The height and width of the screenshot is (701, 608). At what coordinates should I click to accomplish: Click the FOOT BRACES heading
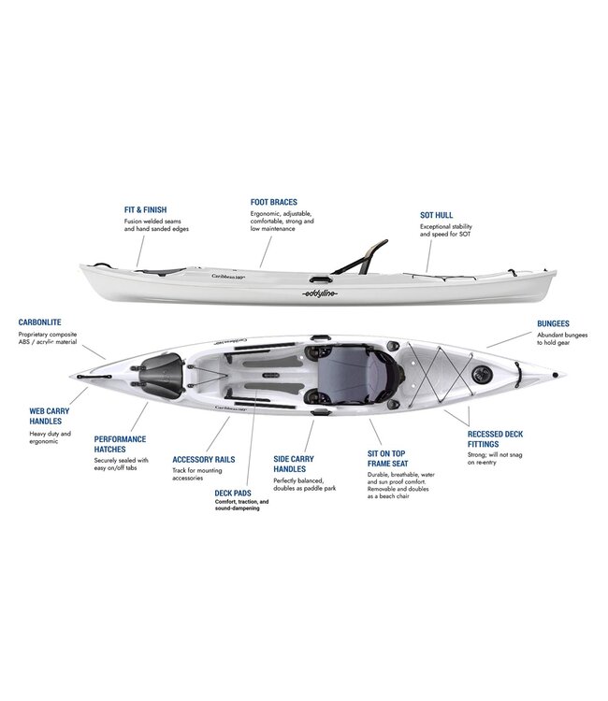pos(273,202)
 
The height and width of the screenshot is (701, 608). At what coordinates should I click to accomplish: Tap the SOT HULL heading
pos(436,215)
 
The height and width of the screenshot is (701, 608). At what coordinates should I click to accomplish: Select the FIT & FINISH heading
pos(145,209)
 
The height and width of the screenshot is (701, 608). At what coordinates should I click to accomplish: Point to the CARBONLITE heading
pos(40,322)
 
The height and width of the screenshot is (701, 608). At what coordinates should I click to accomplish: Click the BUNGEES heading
pos(553,323)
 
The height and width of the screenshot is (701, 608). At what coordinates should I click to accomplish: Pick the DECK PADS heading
pos(233,494)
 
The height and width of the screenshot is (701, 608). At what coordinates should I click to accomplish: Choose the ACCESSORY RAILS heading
pos(204,460)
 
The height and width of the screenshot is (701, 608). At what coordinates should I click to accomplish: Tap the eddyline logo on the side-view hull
pos(320,293)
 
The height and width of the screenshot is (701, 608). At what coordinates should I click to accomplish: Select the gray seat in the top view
pos(354,374)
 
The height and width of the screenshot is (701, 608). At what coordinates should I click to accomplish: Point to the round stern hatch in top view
pos(482,374)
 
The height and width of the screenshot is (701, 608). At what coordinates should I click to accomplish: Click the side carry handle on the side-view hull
pos(321,279)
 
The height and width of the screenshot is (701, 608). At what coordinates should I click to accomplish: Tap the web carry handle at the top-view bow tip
pos(94,377)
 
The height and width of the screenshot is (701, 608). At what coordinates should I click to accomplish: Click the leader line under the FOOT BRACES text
pos(266,252)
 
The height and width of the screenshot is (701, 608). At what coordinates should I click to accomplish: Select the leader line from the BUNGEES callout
pos(509,340)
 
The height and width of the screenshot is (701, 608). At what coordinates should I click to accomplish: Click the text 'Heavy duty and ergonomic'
pos(51,437)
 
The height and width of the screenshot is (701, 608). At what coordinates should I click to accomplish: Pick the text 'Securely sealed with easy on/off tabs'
pos(121,464)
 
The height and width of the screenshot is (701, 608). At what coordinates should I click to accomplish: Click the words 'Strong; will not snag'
pos(495,455)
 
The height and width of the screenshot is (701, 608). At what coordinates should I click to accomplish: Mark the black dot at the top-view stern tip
pos(556,375)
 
